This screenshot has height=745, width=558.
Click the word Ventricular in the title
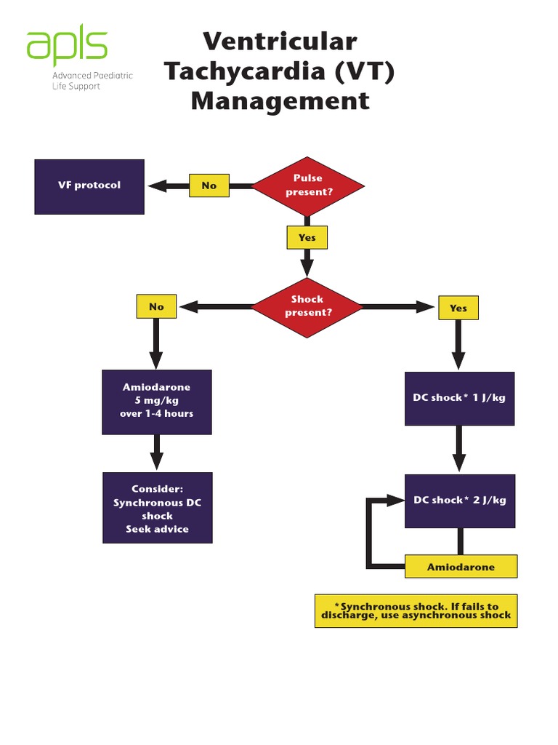280,41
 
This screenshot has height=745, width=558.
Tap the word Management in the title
280,100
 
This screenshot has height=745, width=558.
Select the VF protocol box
89,186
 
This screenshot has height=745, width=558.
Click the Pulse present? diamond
308,186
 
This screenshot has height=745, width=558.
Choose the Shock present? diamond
307,306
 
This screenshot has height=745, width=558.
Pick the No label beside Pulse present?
209,186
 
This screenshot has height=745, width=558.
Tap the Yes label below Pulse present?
307,238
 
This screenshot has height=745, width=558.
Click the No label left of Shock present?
156,307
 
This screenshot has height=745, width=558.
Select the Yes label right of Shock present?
458,308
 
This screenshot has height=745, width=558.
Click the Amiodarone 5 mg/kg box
157,402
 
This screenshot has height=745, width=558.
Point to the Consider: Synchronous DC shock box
158,508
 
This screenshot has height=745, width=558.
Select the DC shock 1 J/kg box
459,398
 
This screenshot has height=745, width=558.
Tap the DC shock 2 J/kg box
459,501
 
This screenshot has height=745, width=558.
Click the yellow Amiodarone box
461,567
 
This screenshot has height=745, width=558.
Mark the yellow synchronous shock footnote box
416,610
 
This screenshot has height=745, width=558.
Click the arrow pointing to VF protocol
168,186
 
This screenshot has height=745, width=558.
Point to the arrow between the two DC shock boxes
459,449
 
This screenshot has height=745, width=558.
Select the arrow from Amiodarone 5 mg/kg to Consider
157,453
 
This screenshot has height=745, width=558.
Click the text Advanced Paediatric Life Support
92,81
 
